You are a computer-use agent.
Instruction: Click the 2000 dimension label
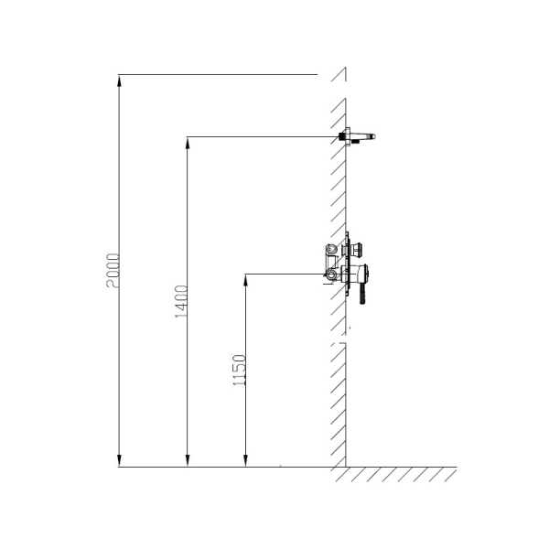(113, 271)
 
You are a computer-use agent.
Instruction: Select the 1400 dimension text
(181, 301)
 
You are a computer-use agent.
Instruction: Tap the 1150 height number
(240, 370)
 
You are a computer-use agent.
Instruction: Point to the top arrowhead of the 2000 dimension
(119, 81)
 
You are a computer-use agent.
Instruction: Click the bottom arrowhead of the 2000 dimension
(119, 461)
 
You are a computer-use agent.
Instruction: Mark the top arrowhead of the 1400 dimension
(188, 143)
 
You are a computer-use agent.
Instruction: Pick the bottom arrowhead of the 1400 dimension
(188, 461)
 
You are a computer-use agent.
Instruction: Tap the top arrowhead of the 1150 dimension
(246, 280)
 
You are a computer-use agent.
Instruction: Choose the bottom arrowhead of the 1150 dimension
(246, 461)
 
